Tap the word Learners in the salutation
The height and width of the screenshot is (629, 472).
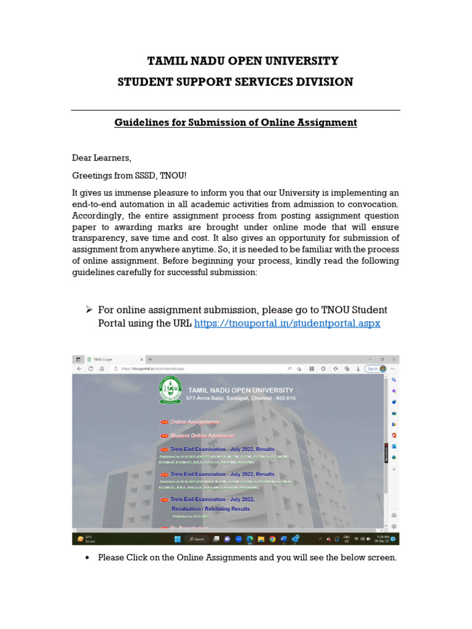pyautogui.click(x=112, y=158)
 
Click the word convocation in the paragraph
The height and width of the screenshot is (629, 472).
pyautogui.click(x=370, y=204)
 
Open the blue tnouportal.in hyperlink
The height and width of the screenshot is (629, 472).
pyautogui.click(x=287, y=323)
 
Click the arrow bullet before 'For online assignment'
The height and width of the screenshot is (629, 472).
pyautogui.click(x=88, y=309)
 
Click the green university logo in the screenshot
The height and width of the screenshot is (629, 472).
pyautogui.click(x=170, y=389)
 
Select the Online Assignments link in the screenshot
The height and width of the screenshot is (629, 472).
pyautogui.click(x=194, y=422)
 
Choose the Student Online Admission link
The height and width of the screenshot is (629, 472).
pyautogui.click(x=202, y=436)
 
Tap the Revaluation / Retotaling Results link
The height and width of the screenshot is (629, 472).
pyautogui.click(x=210, y=509)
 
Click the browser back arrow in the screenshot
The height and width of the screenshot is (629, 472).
pyautogui.click(x=79, y=369)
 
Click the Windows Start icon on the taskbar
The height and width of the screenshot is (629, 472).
pyautogui.click(x=178, y=539)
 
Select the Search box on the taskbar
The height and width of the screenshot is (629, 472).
pyautogui.click(x=197, y=539)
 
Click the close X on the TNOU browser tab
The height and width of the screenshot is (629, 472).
pyautogui.click(x=142, y=359)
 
